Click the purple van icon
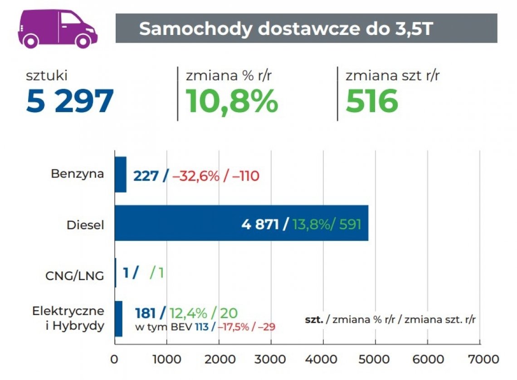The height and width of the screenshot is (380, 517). click(58, 28)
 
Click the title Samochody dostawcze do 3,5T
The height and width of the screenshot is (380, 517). click(286, 29)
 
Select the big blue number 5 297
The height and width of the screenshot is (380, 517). click(69, 101)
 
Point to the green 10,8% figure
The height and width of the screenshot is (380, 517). click(232, 101)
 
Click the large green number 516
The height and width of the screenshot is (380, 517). click(372, 101)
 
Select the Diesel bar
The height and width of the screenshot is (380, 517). click(241, 223)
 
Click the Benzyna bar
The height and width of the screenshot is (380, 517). click(120, 174)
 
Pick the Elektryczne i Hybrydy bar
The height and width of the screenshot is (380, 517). click(118, 319)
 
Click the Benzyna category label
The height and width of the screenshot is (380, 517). click(77, 174)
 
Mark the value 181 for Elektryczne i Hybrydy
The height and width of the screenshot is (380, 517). click(145, 313)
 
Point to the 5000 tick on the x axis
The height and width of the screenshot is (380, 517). click(376, 359)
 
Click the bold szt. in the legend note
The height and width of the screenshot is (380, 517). click(314, 320)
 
